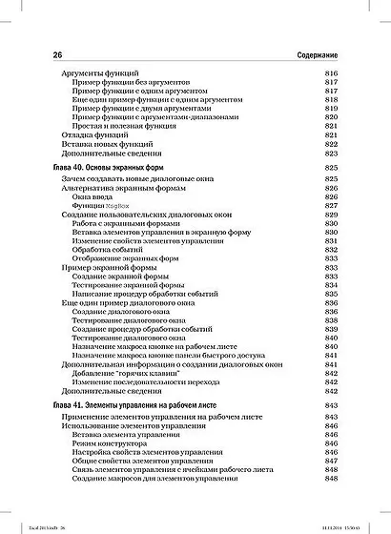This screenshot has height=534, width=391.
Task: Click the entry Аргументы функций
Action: [x=93, y=73]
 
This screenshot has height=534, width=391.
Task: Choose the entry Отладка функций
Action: [x=88, y=135]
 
